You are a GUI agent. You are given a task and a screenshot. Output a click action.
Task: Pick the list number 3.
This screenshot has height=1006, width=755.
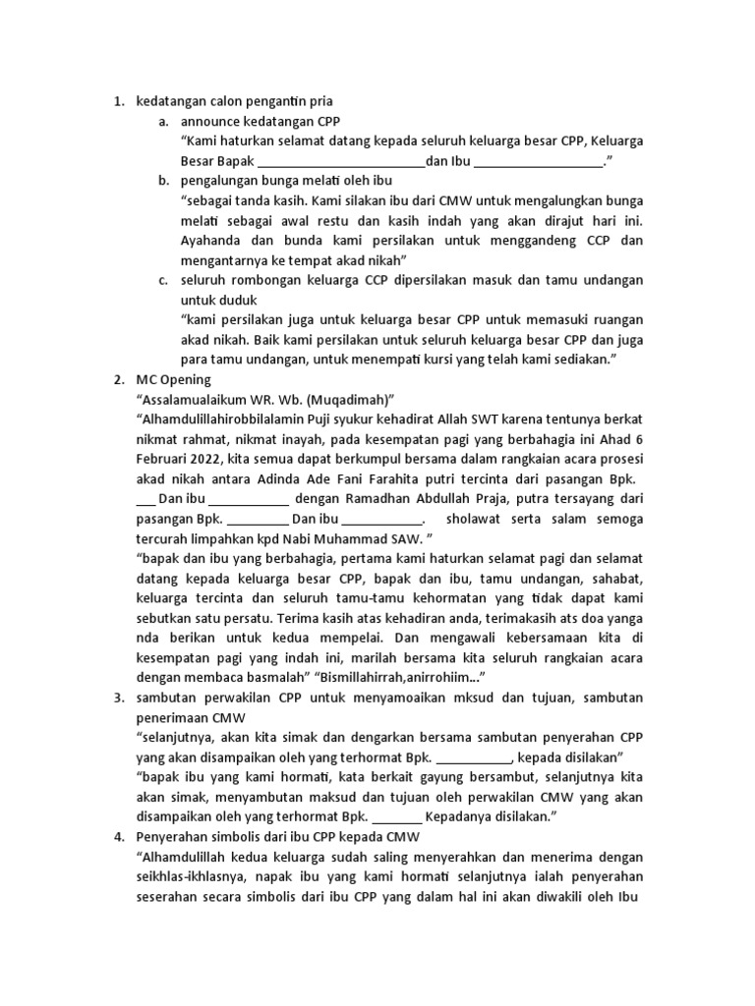click(x=118, y=698)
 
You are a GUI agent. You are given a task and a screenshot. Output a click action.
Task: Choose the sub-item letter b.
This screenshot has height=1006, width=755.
click(x=162, y=181)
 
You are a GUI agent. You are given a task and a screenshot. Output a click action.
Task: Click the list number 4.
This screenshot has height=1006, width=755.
click(x=118, y=837)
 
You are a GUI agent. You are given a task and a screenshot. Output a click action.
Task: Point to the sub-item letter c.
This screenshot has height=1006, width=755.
click(x=162, y=280)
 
